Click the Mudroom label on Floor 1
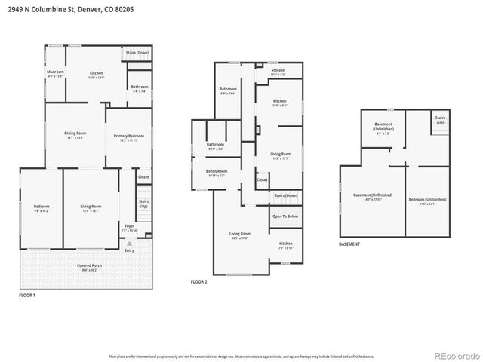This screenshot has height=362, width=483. click(x=55, y=72)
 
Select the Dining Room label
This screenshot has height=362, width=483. click(x=75, y=134)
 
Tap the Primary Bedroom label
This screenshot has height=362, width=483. click(x=129, y=137)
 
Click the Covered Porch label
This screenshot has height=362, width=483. click(x=88, y=267)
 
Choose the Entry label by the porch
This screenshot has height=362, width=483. click(x=129, y=250)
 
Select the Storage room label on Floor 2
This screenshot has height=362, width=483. click(x=278, y=72)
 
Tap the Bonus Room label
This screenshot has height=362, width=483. click(x=217, y=173)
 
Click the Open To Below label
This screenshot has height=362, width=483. click(x=285, y=216)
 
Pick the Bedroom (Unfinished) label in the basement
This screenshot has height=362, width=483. click(x=427, y=200)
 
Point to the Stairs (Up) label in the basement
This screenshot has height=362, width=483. click(x=439, y=121)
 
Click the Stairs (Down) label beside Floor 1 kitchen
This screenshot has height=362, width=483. click(x=137, y=53)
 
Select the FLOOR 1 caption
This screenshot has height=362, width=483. click(x=27, y=296)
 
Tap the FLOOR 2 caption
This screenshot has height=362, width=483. click(x=199, y=281)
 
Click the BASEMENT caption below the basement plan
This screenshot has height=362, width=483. click(x=349, y=244)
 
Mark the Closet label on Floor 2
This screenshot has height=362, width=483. click(x=262, y=180)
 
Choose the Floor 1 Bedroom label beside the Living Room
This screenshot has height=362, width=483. click(x=41, y=207)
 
